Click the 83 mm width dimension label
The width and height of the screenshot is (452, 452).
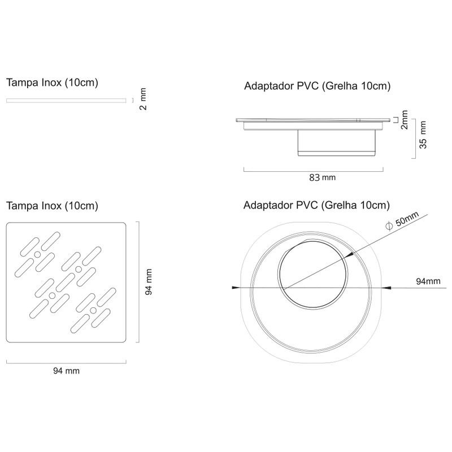(322, 177)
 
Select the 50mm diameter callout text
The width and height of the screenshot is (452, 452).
(406, 220)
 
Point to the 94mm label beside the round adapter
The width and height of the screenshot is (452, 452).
(428, 281)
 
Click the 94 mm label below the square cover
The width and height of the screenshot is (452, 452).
(66, 371)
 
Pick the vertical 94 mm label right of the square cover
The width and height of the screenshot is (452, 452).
(148, 281)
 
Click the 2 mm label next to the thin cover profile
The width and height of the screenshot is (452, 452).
(143, 99)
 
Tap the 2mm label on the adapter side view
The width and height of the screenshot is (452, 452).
(404, 120)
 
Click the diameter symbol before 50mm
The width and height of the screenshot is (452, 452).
(389, 225)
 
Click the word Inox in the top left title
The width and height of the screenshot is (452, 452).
(51, 82)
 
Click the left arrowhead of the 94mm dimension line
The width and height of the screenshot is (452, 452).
(236, 288)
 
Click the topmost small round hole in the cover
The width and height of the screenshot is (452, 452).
(37, 255)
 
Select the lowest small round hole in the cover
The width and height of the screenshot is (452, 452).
(93, 310)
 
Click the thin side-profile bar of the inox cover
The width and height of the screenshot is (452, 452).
(66, 101)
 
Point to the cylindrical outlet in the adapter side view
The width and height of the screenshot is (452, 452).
(337, 143)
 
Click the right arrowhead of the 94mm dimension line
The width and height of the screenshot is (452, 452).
(386, 288)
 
